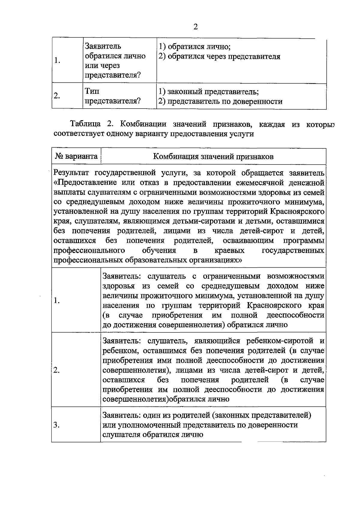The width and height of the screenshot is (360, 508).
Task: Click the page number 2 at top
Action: tap(196, 27)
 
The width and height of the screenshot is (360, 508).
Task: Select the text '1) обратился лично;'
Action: tap(194, 47)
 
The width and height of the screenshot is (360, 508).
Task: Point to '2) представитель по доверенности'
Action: tap(220, 101)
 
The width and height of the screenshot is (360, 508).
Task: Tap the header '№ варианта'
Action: tap(76, 156)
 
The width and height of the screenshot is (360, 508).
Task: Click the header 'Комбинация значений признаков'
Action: tap(213, 156)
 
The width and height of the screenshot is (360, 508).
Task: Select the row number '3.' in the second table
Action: tap(56, 425)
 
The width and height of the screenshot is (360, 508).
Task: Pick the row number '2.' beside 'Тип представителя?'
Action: tap(56, 96)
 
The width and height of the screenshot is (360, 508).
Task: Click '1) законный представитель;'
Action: tap(208, 91)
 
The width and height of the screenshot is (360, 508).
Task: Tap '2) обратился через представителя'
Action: tap(219, 56)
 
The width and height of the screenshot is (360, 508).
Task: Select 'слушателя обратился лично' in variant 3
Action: tap(153, 435)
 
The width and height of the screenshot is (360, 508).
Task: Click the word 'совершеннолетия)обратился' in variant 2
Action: tap(166, 399)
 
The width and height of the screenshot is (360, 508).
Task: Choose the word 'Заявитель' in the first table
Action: tap(103, 46)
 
